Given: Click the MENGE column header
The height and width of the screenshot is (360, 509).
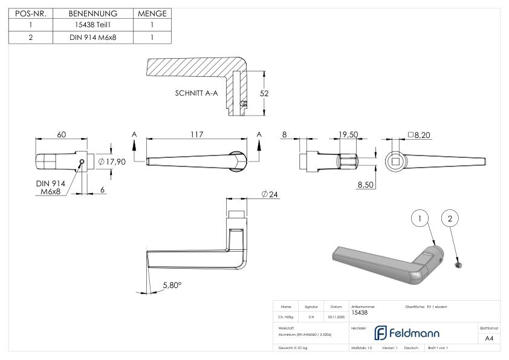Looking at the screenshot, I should point(152,13).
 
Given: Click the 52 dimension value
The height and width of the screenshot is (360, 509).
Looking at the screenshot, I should point(264,93).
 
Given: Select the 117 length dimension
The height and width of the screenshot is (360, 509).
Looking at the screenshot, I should point(197,134).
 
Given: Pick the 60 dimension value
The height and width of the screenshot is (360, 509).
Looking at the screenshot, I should point(62,134).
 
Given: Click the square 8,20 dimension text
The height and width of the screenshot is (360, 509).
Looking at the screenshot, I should point(421,135).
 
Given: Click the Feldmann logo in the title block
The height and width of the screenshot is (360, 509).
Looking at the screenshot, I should point(410,333).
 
